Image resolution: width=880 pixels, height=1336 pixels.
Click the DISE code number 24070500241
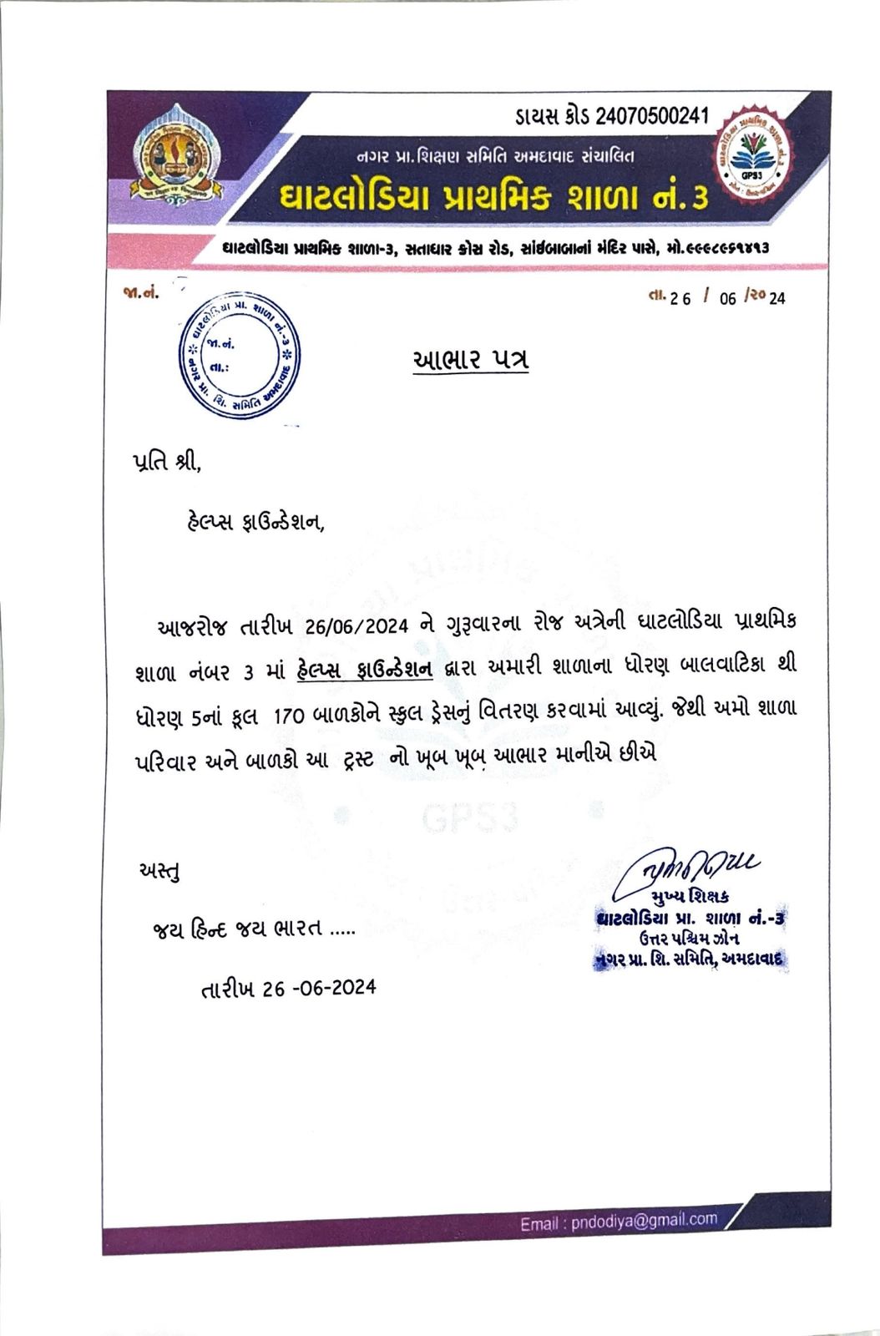[x=652, y=115]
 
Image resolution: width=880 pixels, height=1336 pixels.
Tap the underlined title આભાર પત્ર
[x=471, y=360]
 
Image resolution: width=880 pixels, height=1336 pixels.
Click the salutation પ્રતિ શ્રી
[x=167, y=462]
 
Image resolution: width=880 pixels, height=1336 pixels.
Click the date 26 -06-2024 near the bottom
[x=319, y=989]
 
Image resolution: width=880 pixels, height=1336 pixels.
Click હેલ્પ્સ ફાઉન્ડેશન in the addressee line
[x=254, y=523]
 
